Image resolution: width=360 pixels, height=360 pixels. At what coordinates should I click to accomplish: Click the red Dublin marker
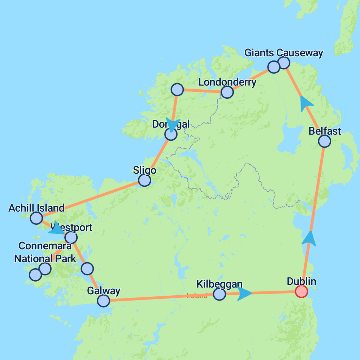coord(301,291)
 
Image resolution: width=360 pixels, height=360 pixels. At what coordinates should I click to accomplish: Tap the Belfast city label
coord(325,131)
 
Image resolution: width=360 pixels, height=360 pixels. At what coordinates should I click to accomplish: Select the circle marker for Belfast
coord(324,141)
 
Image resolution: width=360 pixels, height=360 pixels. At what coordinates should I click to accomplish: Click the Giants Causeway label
coord(284,53)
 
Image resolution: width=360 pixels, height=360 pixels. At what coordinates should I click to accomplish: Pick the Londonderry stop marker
coord(227,92)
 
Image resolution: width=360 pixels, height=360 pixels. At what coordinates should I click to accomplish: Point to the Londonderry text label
coord(227,82)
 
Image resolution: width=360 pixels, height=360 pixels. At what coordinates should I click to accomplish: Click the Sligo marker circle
coord(144,180)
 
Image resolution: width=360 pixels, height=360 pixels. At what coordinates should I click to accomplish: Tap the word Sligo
coord(144,171)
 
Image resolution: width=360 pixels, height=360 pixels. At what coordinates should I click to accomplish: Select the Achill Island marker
coord(36,218)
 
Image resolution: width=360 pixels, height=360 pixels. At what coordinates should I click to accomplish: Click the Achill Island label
coord(36,208)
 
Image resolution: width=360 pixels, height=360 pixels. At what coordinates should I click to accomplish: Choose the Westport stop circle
coord(71,238)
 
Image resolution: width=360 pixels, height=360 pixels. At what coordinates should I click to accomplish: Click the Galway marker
coord(103,301)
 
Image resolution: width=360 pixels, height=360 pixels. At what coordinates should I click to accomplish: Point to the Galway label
coord(103,291)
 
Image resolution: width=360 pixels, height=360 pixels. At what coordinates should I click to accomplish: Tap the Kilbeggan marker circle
coord(219,294)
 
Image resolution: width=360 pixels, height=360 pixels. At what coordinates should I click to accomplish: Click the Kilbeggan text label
coord(219,284)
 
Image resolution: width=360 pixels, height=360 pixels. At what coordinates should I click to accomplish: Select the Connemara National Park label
coord(45,252)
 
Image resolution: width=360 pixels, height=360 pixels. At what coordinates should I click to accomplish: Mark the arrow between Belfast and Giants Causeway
coord(306,104)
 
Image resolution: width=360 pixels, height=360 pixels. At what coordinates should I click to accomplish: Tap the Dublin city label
coord(301,282)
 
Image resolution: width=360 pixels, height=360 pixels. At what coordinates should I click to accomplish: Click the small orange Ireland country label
coord(197,296)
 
